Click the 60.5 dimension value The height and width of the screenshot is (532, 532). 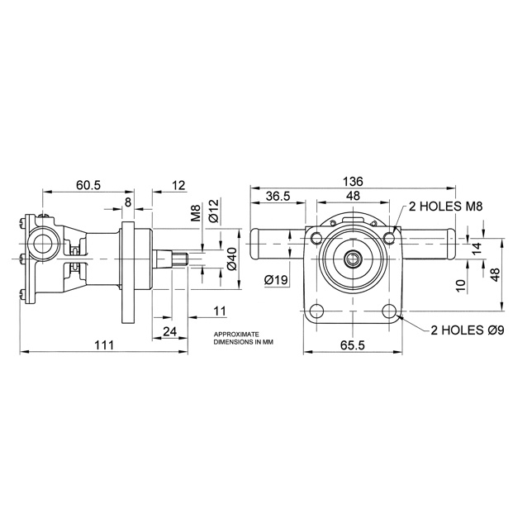point(88,185)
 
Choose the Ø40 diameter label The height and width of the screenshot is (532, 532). point(231,259)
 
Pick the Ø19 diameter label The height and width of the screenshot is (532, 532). point(275,280)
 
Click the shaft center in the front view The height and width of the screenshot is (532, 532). point(353,259)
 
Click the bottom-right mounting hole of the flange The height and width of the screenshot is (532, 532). point(388,312)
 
